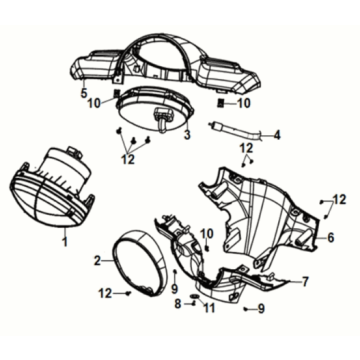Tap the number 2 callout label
(97, 260)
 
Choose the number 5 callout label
(84, 93)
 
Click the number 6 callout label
(330, 237)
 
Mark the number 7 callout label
(305, 281)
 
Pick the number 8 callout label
(177, 303)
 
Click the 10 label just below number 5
(93, 103)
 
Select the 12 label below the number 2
(106, 294)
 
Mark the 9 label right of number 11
(261, 308)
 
